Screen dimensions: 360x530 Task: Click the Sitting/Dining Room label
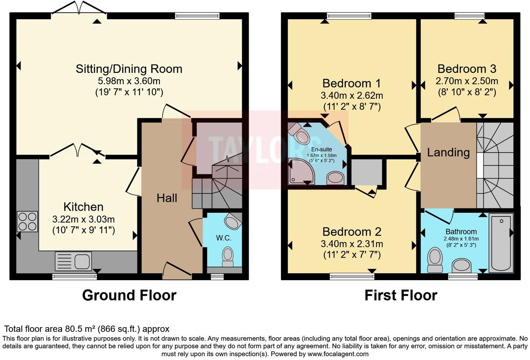pyautogui.click(x=129, y=69)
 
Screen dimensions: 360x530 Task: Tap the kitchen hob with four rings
pyautogui.click(x=28, y=222)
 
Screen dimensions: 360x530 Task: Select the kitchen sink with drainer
pyautogui.click(x=73, y=261)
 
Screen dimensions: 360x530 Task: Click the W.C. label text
pyautogui.click(x=224, y=238)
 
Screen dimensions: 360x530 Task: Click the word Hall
pyautogui.click(x=167, y=198)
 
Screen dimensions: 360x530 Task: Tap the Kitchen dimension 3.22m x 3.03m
pyautogui.click(x=84, y=219)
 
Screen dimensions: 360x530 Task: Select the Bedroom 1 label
pyautogui.click(x=351, y=83)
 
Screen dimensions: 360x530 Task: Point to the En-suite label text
pyautogui.click(x=321, y=149)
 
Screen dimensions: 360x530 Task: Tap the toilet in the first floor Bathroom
pyautogui.click(x=435, y=260)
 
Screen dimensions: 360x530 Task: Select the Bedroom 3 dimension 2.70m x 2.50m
pyautogui.click(x=467, y=81)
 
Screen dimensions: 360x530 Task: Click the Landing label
pyautogui.click(x=448, y=152)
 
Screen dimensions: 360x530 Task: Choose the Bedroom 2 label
pyautogui.click(x=351, y=232)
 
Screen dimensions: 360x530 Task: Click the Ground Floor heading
pyautogui.click(x=129, y=295)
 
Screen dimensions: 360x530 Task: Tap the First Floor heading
pyautogui.click(x=401, y=295)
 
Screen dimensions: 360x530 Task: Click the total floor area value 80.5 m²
pyautogui.click(x=81, y=329)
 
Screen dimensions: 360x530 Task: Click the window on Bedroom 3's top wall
pyautogui.click(x=469, y=16)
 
